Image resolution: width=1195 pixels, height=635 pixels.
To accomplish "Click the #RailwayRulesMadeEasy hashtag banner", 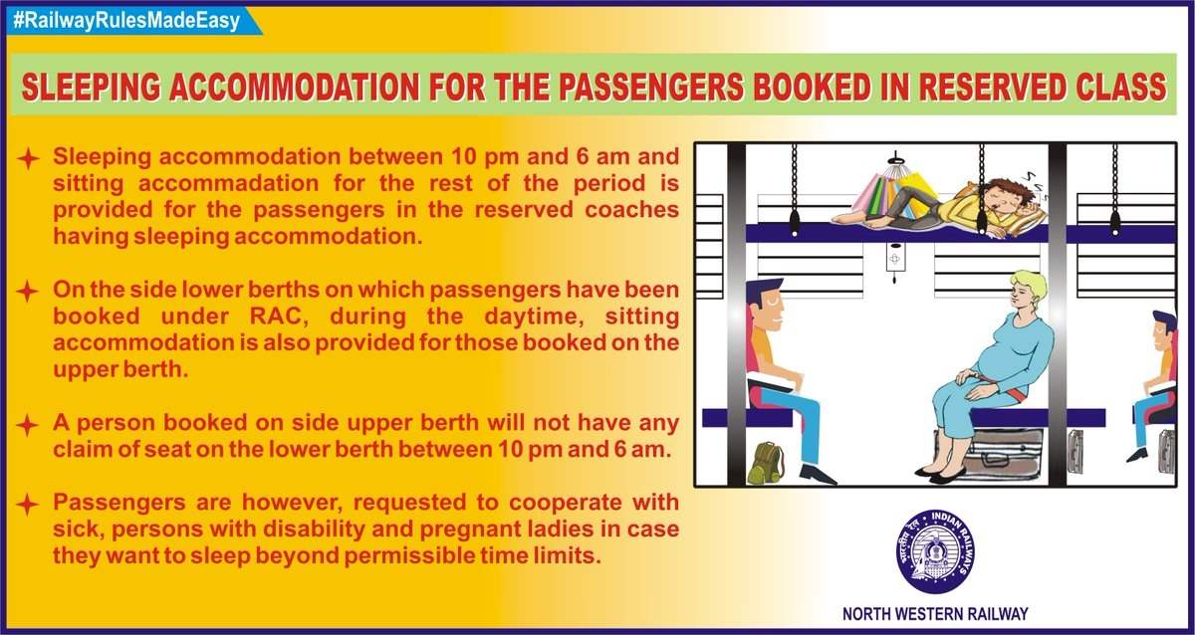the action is (133, 21).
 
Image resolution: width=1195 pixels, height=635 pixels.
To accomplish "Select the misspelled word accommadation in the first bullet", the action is (228, 183).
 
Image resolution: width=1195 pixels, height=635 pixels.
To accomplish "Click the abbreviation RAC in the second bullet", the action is (277, 317).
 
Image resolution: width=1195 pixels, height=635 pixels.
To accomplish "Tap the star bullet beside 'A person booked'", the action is (27, 425).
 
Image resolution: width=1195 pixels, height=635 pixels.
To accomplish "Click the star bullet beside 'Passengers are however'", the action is (27, 505).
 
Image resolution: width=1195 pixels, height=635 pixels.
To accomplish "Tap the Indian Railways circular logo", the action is (935, 551).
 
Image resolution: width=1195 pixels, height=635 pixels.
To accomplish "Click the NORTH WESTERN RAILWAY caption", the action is (935, 614).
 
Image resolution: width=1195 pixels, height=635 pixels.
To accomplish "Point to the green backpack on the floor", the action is (766, 462).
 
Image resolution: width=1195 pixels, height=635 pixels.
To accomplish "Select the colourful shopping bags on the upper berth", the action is (888, 193).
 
